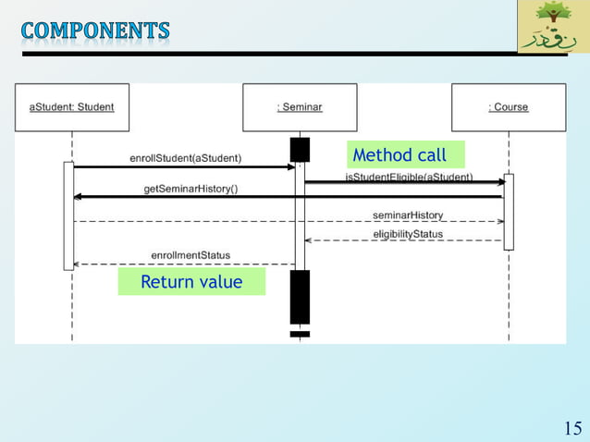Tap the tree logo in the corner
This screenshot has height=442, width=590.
pyautogui.click(x=552, y=27)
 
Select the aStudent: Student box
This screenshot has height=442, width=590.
pyautogui.click(x=72, y=107)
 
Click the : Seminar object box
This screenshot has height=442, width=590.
pyautogui.click(x=300, y=107)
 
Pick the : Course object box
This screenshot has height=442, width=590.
pyautogui.click(x=508, y=107)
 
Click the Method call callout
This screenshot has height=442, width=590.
pyautogui.click(x=405, y=154)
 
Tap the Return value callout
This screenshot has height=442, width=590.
pyautogui.click(x=191, y=282)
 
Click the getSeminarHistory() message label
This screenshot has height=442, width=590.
pyautogui.click(x=191, y=189)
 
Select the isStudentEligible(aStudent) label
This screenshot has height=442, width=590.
pyautogui.click(x=409, y=177)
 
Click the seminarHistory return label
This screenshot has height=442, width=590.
pyautogui.click(x=408, y=215)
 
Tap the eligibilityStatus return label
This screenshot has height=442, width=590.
pyautogui.click(x=408, y=234)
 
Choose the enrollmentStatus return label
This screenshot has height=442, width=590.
pyautogui.click(x=191, y=255)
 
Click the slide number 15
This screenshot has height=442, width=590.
pyautogui.click(x=572, y=427)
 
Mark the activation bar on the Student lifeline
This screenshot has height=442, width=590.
pyautogui.click(x=68, y=215)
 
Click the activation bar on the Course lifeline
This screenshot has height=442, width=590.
pyautogui.click(x=508, y=212)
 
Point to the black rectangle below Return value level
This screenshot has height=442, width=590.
pyautogui.click(x=300, y=297)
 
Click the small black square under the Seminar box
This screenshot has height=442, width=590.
pyautogui.click(x=300, y=149)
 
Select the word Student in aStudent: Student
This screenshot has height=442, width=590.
pyautogui.click(x=95, y=107)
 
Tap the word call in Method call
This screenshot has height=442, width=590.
pyautogui.click(x=430, y=154)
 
